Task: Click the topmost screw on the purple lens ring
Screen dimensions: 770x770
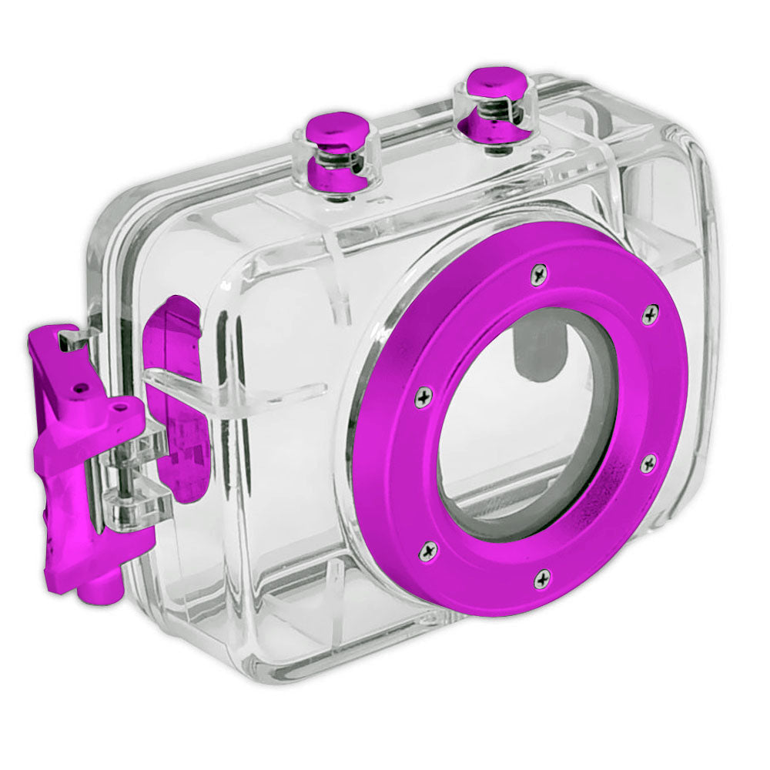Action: click(539, 270)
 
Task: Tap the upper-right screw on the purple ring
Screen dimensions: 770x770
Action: click(650, 313)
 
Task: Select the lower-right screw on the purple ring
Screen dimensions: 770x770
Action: click(648, 464)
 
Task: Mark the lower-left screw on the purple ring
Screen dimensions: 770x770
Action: click(429, 550)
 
